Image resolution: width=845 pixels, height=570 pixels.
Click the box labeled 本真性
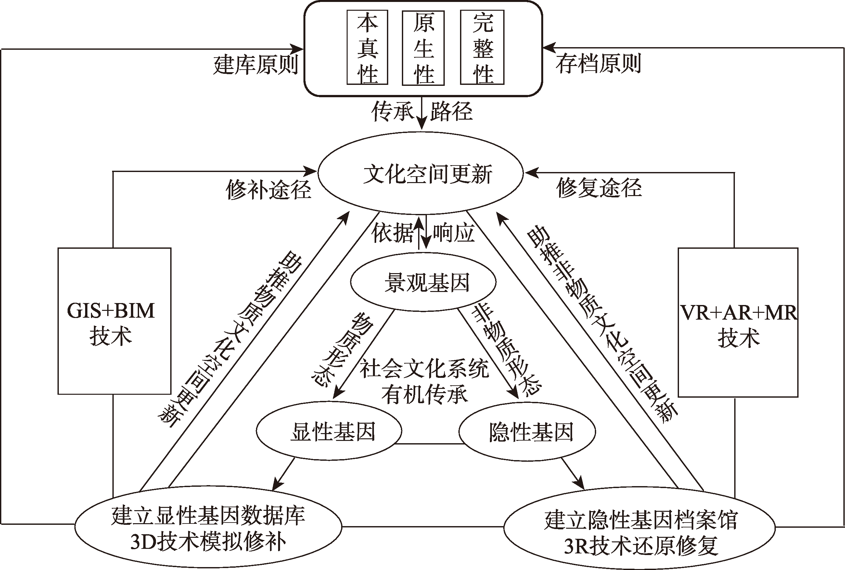pyautogui.click(x=367, y=47)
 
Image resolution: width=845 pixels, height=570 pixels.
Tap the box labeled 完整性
pyautogui.click(x=482, y=47)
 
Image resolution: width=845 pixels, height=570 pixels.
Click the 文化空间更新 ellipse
pyautogui.click(x=420, y=173)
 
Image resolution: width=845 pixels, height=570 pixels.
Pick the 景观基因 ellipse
pyautogui.click(x=423, y=282)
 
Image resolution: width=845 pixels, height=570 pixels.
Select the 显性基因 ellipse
pyautogui.click(x=329, y=431)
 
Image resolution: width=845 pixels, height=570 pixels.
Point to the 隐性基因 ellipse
pyautogui.click(x=527, y=431)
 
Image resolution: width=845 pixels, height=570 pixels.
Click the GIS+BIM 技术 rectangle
pyautogui.click(x=114, y=321)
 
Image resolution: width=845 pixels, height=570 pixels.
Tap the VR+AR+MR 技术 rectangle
pyautogui.click(x=738, y=323)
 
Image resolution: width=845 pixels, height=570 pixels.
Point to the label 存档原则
pyautogui.click(x=598, y=64)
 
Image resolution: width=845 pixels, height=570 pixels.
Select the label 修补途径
pyautogui.click(x=268, y=189)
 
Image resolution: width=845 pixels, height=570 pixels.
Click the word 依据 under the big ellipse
pyautogui.click(x=392, y=233)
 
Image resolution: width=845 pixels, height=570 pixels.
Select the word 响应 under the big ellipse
pyautogui.click(x=454, y=233)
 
